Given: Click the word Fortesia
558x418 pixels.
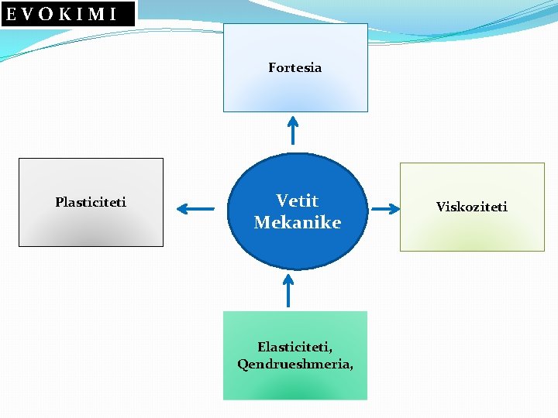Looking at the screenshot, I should (294, 67).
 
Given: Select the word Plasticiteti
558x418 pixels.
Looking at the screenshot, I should (91, 202).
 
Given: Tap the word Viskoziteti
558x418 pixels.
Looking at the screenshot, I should (471, 207).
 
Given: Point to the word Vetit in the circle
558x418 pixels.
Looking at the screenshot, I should (297, 200).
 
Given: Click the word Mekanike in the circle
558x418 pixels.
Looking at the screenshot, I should (297, 223).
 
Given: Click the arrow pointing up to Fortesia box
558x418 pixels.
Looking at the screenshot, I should (292, 129).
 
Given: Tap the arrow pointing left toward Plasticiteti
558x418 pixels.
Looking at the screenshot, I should (195, 208).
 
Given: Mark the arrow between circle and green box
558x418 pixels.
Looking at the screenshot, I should (288, 291).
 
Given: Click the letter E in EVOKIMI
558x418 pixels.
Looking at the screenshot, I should (11, 13).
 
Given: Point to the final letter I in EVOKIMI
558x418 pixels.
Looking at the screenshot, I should (113, 13).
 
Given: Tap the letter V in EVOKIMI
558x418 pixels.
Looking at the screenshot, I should (27, 13).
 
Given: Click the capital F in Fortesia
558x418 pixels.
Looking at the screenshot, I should (272, 67).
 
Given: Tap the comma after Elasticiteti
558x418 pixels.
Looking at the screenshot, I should (340, 350).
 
